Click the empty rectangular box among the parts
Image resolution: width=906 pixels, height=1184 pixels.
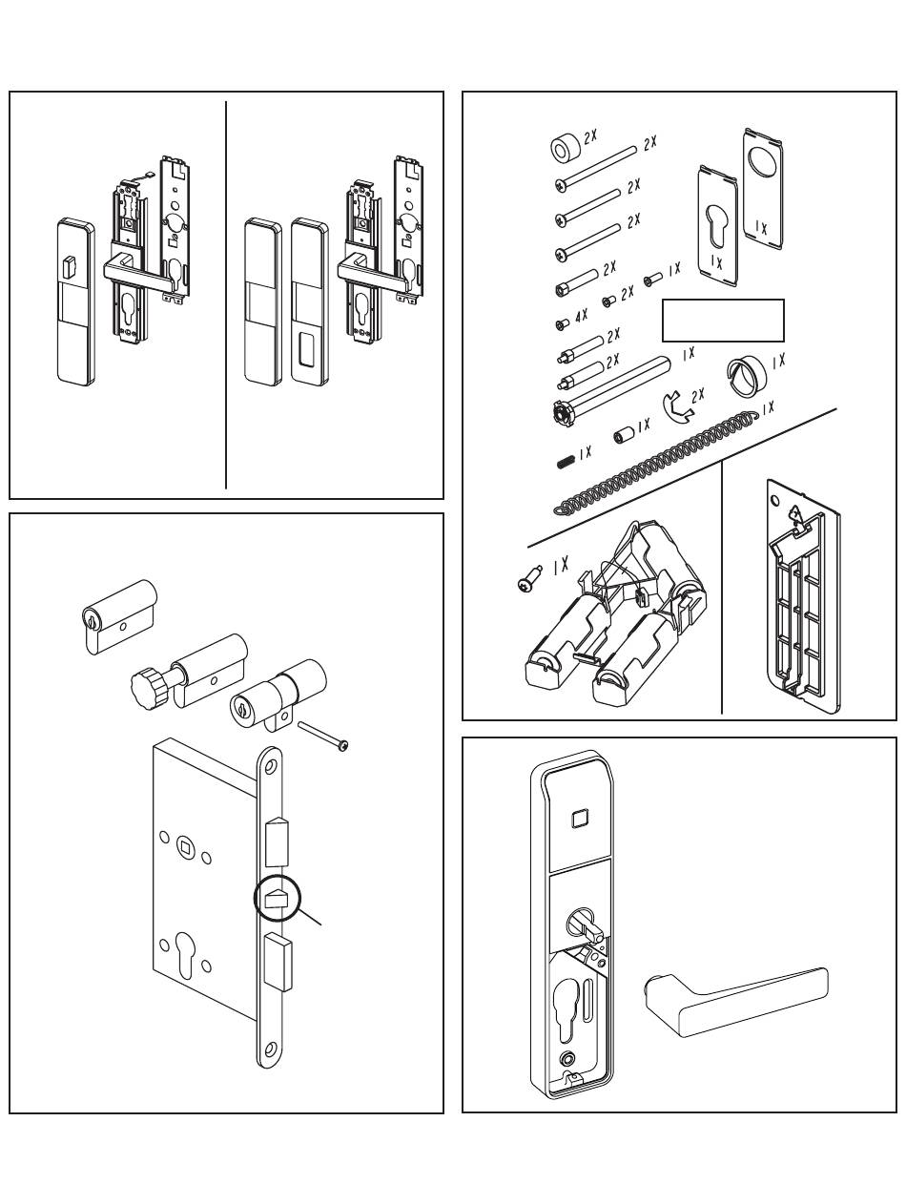pos(723,321)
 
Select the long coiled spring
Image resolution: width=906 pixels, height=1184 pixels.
pos(658,458)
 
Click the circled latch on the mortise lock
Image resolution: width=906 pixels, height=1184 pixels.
pos(277,899)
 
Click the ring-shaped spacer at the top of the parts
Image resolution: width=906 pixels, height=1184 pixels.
pos(566,150)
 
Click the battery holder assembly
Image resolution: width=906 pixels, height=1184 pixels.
pos(615,615)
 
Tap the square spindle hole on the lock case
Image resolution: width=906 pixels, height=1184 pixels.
pos(184,842)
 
